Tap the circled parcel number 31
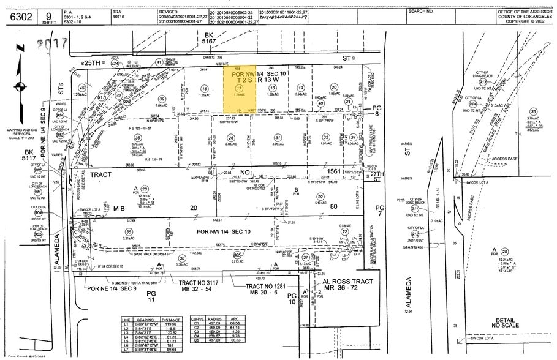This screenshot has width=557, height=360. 278,137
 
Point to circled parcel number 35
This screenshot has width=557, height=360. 129,232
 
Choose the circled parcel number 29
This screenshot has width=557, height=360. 319,196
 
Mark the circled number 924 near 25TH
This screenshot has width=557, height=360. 115,62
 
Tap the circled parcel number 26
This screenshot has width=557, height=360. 231,137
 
